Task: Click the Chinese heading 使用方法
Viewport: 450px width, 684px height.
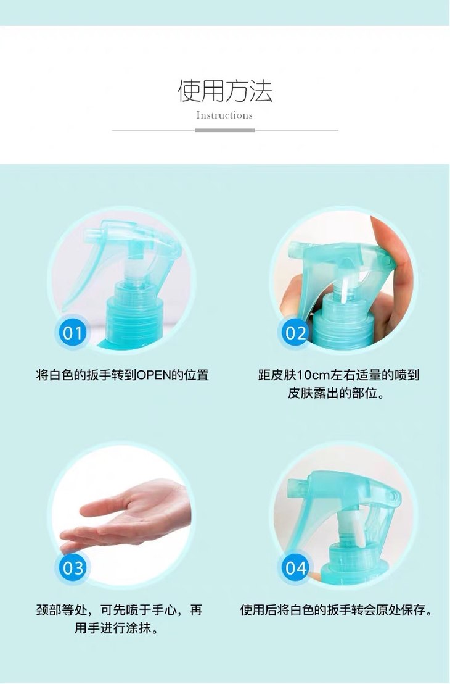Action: (225, 91)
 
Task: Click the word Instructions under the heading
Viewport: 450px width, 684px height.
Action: (224, 115)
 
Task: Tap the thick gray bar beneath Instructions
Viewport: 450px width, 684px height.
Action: (225, 130)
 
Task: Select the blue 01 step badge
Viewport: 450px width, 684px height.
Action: (72, 332)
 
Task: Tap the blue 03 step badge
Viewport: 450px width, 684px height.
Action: (72, 567)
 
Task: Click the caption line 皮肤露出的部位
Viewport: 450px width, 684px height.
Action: (336, 393)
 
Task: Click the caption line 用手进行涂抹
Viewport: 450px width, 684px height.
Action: (117, 628)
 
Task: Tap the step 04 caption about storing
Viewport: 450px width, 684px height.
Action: (337, 610)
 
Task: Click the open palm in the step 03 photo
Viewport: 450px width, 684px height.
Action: (131, 515)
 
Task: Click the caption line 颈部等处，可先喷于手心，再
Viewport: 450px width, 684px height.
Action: (120, 610)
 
